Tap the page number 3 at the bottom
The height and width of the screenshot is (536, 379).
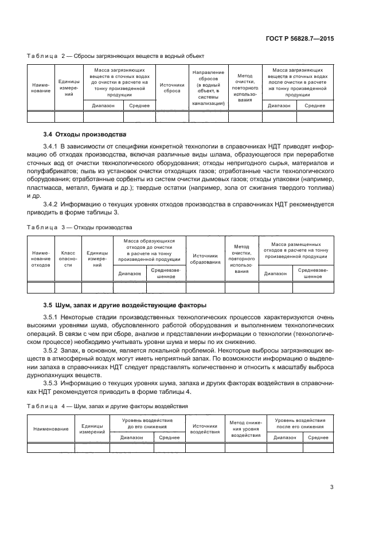pos(332,487)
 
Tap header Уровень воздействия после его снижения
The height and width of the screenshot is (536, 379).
pos(300,423)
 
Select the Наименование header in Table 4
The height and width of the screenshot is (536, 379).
pos(51,429)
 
